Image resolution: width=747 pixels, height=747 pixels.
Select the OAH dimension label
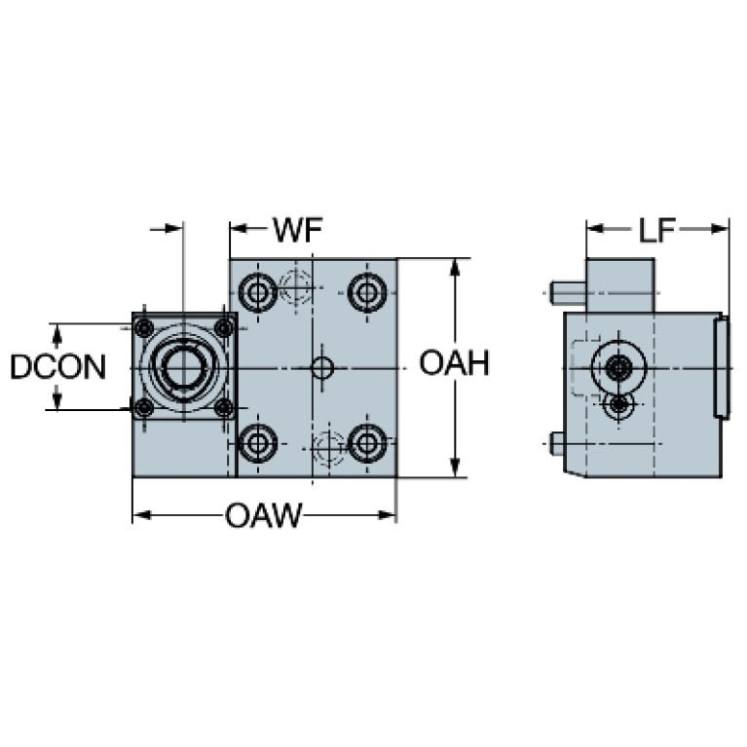coord(453,364)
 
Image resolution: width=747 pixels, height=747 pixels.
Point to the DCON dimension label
coord(57,367)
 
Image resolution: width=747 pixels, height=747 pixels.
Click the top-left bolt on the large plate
coord(257,290)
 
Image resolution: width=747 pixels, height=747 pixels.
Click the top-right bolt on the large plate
coord(366,290)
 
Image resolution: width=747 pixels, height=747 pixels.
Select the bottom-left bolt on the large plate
coord(257,445)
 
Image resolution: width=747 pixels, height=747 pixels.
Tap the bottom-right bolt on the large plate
coord(366,445)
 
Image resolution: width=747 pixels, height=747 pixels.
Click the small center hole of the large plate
coord(321,368)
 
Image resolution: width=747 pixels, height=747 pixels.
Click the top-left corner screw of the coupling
coord(144,326)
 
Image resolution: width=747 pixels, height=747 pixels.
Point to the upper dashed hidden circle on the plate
coord(294,286)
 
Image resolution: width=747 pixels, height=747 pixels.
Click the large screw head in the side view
coord(618,368)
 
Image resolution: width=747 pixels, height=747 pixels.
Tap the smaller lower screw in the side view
coord(617,403)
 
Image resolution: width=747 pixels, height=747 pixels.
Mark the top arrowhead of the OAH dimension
coord(455,266)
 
